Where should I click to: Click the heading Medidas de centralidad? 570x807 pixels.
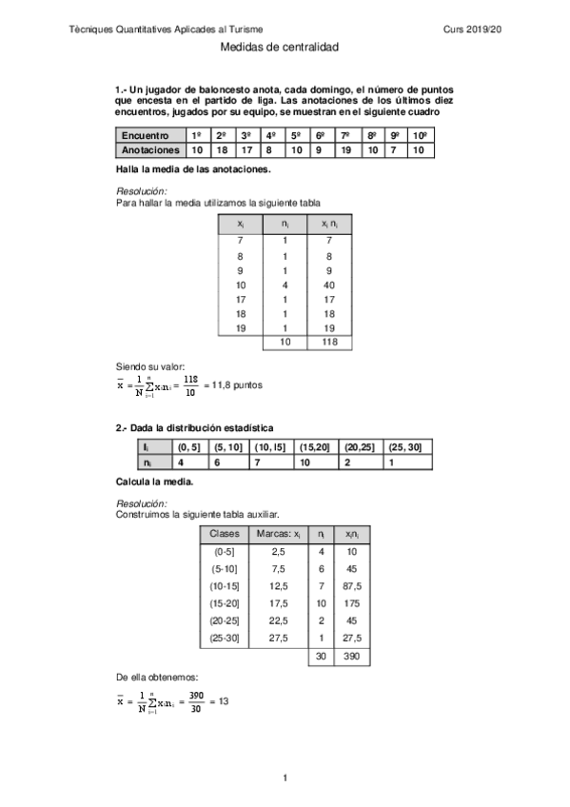(x=279, y=46)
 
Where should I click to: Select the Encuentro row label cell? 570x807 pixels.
(x=148, y=135)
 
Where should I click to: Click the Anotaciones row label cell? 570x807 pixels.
(x=150, y=150)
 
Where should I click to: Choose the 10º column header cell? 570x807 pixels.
(x=420, y=135)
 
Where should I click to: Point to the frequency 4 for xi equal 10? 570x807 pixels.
(x=284, y=285)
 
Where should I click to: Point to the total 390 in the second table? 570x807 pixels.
(x=351, y=658)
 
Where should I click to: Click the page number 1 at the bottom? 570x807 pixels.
(x=285, y=779)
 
